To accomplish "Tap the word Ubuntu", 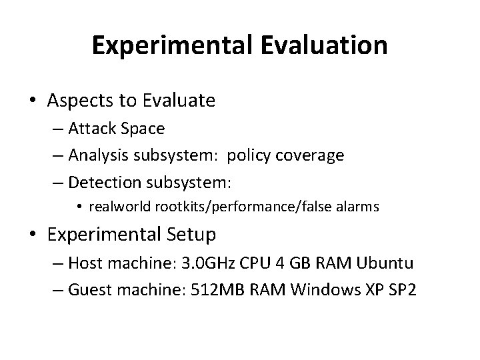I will [385, 263].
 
